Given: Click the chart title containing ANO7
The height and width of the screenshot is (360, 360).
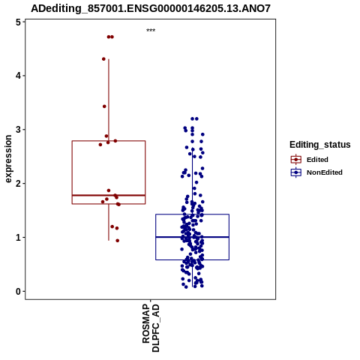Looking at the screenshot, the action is tap(151, 9).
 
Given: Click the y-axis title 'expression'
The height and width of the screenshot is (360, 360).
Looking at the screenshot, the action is tap(8, 159).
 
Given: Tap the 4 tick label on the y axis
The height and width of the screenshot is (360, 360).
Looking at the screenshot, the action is tap(19, 76).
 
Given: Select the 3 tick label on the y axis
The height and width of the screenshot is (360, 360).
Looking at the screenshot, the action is tap(19, 130).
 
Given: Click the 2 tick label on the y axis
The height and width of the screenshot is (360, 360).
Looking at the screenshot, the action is tap(19, 184).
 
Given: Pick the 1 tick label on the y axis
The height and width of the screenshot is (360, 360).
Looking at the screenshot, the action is tap(19, 238).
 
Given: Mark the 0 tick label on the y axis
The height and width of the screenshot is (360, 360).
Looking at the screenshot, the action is tap(19, 292).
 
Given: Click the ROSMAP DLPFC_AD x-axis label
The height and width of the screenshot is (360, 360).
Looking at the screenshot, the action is tap(151, 328).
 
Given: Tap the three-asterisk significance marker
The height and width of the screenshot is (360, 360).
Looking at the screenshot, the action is tap(151, 30).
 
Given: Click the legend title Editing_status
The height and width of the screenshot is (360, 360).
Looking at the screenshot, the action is tap(320, 145).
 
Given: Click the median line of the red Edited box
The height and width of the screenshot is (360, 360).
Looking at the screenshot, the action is tap(109, 195).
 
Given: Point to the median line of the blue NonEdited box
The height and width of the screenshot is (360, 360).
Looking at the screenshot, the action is tap(193, 237).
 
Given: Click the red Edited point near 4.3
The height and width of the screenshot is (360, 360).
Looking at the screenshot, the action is tap(103, 59).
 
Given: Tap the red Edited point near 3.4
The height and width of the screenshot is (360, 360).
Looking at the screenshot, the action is tap(104, 106).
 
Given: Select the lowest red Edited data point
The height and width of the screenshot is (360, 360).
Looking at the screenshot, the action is tap(118, 241).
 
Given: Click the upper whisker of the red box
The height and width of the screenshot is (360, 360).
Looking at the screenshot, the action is tap(109, 100).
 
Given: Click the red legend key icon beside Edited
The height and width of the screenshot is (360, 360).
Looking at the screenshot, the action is tap(296, 160).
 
